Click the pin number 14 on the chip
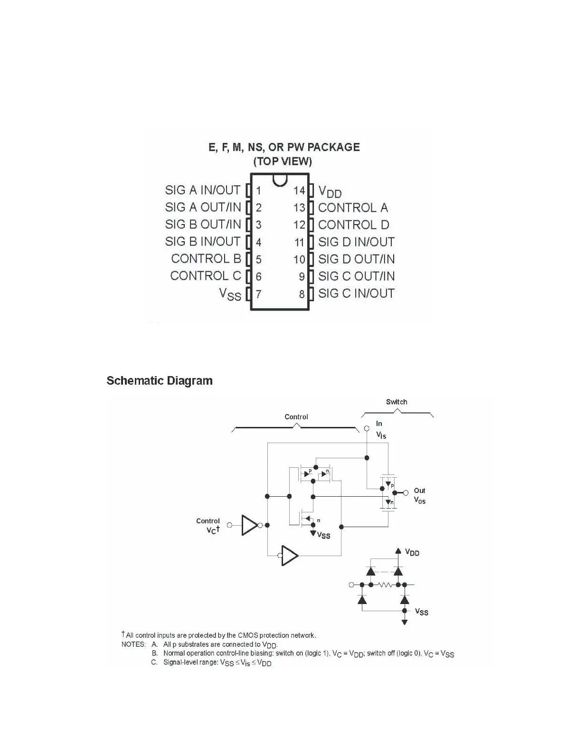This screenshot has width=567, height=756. pyautogui.click(x=299, y=191)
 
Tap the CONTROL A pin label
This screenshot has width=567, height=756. pyautogui.click(x=353, y=208)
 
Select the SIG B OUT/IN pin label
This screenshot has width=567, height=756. pyautogui.click(x=203, y=224)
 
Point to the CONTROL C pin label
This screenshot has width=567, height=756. pyautogui.click(x=206, y=276)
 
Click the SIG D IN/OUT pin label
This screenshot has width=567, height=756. pyautogui.click(x=356, y=242)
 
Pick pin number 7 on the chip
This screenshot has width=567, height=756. pyautogui.click(x=258, y=294)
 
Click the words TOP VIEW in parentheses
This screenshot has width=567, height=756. pyautogui.click(x=283, y=161)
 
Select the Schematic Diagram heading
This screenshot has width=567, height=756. pyautogui.click(x=160, y=381)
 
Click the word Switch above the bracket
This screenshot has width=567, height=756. pyautogui.click(x=397, y=402)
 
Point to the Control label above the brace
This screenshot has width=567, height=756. pyautogui.click(x=296, y=417)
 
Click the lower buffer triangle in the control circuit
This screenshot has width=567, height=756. pyautogui.click(x=289, y=555)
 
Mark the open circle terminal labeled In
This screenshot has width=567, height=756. pyautogui.click(x=367, y=428)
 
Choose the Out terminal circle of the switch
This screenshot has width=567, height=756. pyautogui.click(x=406, y=493)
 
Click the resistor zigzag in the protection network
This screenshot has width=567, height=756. pyautogui.click(x=385, y=585)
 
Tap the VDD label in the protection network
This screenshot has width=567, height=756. pyautogui.click(x=412, y=552)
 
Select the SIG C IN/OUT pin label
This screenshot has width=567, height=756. pyautogui.click(x=356, y=293)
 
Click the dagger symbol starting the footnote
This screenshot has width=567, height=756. pyautogui.click(x=123, y=634)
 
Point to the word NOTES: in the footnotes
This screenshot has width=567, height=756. pyautogui.click(x=133, y=644)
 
